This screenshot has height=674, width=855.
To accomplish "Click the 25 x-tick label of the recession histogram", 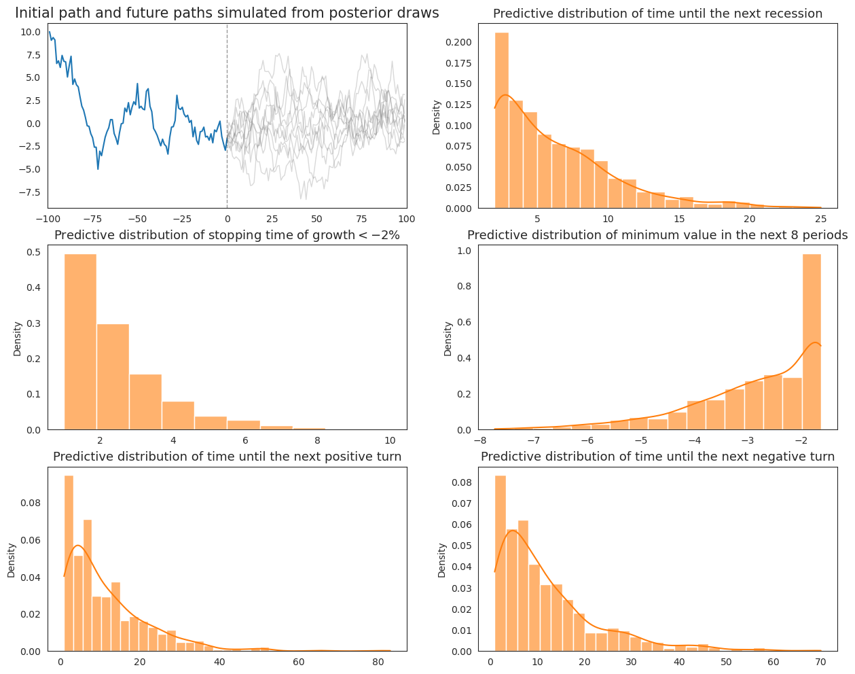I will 820,219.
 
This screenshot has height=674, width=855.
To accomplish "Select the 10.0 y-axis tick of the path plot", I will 30,32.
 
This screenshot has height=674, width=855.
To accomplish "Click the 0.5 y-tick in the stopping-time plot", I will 32,252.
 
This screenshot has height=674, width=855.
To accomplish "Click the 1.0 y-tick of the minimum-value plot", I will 464,251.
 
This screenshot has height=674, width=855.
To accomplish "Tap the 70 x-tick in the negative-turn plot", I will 820,662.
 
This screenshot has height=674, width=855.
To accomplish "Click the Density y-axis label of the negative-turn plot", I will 442,560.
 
